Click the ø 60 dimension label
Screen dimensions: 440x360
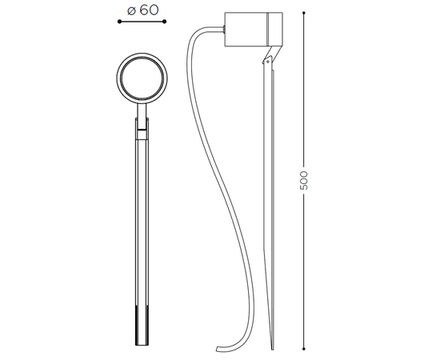coord(143,10)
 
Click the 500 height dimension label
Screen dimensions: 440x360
coord(304,180)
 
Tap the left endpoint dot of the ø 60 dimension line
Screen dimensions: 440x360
coord(119,22)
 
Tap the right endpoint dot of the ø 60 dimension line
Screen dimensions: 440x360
coord(165,22)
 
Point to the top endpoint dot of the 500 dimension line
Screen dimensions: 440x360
coord(304,13)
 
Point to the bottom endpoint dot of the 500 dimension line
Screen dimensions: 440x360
coord(304,349)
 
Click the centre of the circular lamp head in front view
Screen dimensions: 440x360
coord(142,78)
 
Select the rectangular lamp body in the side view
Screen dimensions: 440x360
coord(254,29)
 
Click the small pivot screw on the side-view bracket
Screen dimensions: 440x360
coord(268,61)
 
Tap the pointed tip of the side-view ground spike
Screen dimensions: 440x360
coord(273,350)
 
